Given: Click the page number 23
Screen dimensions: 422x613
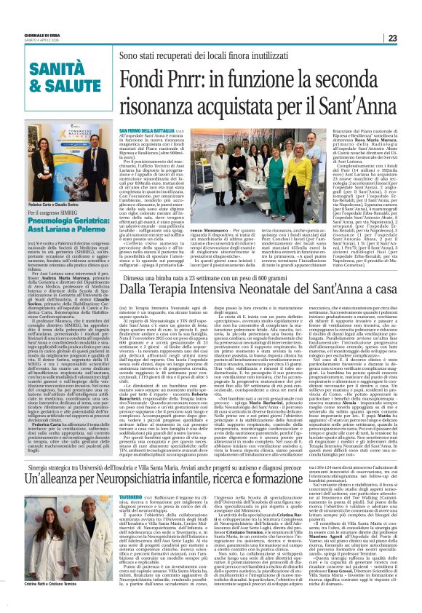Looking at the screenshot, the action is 412,38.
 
